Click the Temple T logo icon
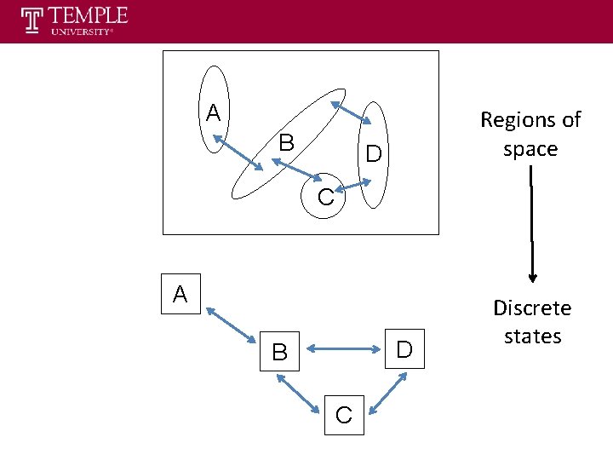click(x=32, y=20)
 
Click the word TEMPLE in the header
click(x=89, y=15)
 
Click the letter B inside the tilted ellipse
click(x=286, y=143)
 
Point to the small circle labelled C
click(x=326, y=198)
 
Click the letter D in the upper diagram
click(x=373, y=154)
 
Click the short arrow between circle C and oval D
click(x=355, y=183)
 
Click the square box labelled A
click(x=180, y=294)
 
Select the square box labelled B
click(x=279, y=350)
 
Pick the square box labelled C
click(x=344, y=415)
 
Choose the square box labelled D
click(x=404, y=348)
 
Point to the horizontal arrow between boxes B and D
click(x=341, y=348)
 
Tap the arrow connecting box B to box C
click(x=298, y=394)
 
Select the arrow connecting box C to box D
click(x=387, y=394)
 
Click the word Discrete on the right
click(x=532, y=308)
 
